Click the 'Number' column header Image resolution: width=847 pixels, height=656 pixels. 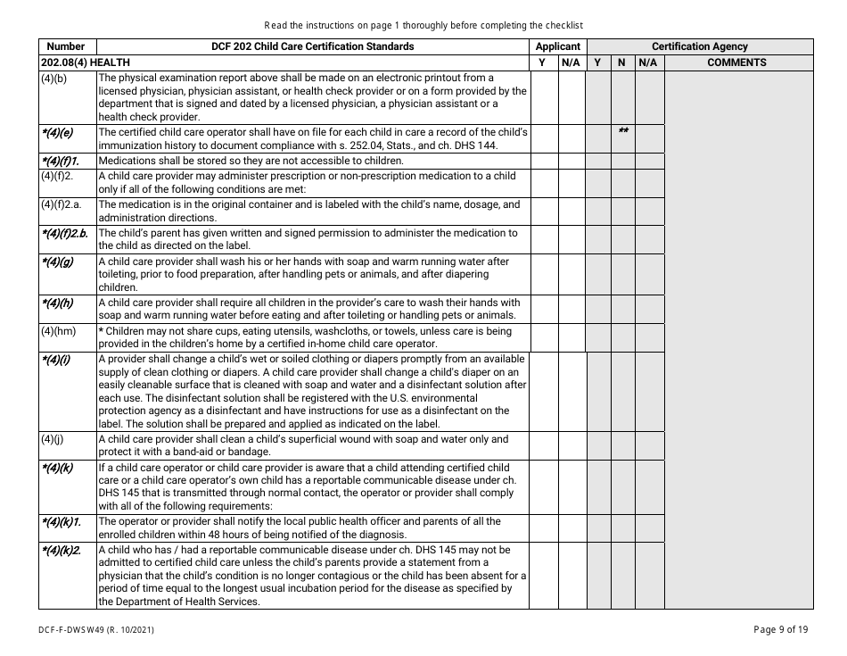click(66, 46)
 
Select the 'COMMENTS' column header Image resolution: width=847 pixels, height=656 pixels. click(736, 62)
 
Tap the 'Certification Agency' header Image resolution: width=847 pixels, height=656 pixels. click(700, 46)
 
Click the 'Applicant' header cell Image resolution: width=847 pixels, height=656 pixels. click(558, 46)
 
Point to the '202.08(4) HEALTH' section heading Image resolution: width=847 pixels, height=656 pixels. click(86, 62)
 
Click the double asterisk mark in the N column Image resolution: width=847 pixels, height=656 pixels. click(623, 132)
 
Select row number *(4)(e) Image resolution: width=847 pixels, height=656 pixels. click(56, 133)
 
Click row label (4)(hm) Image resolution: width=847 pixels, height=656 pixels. click(58, 331)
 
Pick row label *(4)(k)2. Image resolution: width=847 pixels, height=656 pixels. click(61, 550)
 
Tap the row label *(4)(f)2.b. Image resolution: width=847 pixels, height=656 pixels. click(64, 233)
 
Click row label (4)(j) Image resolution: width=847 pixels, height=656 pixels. click(52, 439)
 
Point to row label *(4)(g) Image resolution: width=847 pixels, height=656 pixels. click(56, 262)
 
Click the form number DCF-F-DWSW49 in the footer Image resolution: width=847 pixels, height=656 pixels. click(86, 629)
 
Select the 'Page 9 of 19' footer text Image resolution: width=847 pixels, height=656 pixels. click(780, 629)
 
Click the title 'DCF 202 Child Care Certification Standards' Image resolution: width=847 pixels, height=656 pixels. click(312, 46)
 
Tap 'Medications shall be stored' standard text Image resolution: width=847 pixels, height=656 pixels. click(251, 161)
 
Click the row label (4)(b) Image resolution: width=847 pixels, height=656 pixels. click(53, 79)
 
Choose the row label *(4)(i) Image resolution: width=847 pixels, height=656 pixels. click(55, 360)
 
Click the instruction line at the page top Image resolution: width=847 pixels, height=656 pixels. click(423, 25)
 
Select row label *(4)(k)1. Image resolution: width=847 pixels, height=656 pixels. click(61, 521)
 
